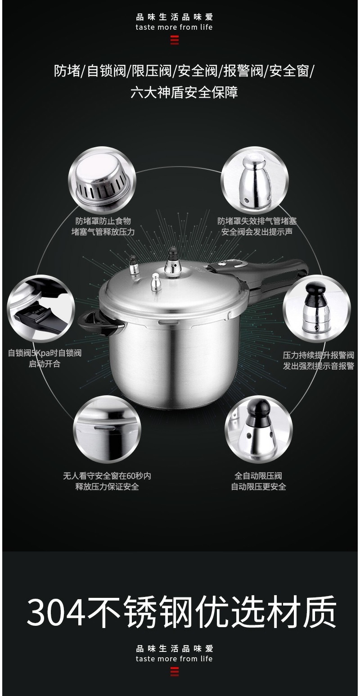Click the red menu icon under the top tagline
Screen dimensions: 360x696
[175, 40]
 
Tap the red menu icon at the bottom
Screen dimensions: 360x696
[175, 672]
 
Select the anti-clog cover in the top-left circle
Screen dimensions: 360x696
[102, 180]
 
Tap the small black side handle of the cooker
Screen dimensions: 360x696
[97, 323]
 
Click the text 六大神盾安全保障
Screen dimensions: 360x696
[184, 92]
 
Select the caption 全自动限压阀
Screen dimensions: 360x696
[258, 476]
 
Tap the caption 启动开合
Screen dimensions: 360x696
[45, 364]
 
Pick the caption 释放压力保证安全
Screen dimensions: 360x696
[107, 487]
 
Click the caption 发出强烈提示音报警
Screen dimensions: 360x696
[319, 366]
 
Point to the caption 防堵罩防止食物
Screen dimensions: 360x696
[103, 221]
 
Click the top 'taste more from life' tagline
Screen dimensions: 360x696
[174, 27]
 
